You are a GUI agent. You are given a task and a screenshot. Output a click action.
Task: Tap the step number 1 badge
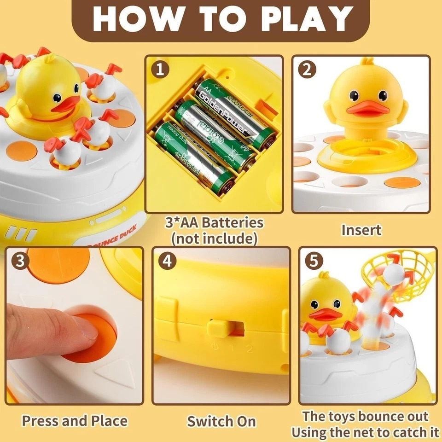click(159, 70)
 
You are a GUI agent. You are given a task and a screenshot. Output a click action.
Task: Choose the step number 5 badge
click(313, 262)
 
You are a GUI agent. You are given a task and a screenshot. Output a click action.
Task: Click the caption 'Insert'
click(361, 230)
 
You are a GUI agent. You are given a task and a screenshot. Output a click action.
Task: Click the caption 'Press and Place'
click(75, 421)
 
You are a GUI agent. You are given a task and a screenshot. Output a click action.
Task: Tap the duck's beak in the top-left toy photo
click(64, 105)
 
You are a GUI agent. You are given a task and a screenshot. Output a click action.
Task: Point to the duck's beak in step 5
click(326, 315)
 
